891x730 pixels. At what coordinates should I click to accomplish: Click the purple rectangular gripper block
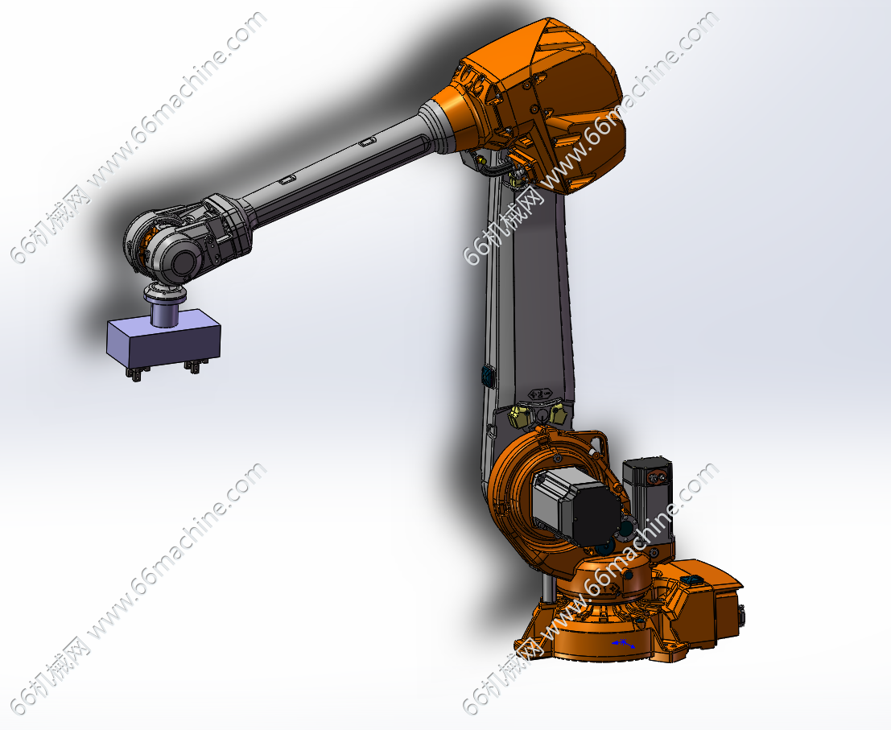(x=163, y=339)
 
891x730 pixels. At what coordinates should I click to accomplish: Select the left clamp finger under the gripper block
(x=137, y=373)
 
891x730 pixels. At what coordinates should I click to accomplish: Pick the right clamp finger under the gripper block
(x=192, y=367)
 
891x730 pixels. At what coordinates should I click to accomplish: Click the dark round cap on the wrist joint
(x=183, y=263)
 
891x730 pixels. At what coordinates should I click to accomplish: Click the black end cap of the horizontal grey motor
(x=596, y=509)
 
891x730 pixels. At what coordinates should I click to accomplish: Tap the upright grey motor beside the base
(x=649, y=499)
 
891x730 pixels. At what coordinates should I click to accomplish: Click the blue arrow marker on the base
(x=623, y=644)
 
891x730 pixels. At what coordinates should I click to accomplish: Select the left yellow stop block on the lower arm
(x=519, y=416)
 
